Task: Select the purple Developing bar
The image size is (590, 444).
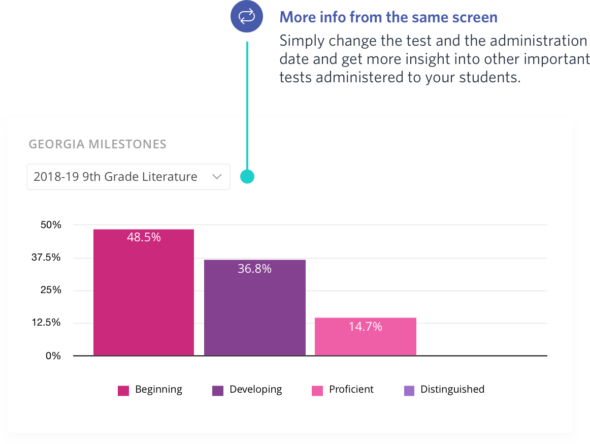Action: coord(255,315)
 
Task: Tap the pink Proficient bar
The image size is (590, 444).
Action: coord(366,340)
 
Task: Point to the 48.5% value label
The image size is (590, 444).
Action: coord(144,237)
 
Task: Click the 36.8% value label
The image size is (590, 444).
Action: coord(254,269)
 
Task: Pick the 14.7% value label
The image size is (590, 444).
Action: coord(365,327)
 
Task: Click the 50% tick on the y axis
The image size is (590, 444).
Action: coord(53,225)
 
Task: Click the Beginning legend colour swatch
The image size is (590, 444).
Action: coord(123,390)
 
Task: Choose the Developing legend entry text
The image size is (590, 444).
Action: coord(255,389)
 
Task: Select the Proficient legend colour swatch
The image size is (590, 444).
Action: coord(317,390)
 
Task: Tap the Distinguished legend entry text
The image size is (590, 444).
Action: coord(452,389)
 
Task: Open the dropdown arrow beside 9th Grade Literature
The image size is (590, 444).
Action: coord(217,177)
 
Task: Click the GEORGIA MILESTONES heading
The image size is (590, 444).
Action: coord(97,144)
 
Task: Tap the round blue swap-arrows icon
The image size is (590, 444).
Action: coord(247,17)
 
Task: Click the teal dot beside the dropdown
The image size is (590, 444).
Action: coord(247,177)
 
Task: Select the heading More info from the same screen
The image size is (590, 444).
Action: coord(388,17)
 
